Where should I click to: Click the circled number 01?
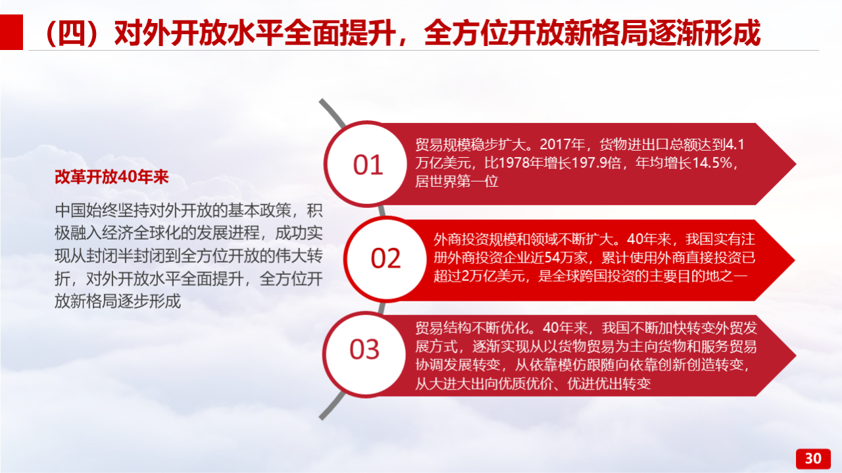[368, 164]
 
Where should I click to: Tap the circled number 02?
[385, 259]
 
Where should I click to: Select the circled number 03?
[364, 350]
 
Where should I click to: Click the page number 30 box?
[813, 459]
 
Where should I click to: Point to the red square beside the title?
[11, 32]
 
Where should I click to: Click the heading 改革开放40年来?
[112, 177]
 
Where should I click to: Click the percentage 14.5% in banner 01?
[712, 162]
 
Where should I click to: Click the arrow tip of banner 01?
[795, 164]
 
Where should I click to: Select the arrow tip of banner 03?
[795, 355]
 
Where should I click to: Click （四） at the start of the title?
[74, 33]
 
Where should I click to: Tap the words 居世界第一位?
[457, 182]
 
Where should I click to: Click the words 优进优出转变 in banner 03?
[609, 384]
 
